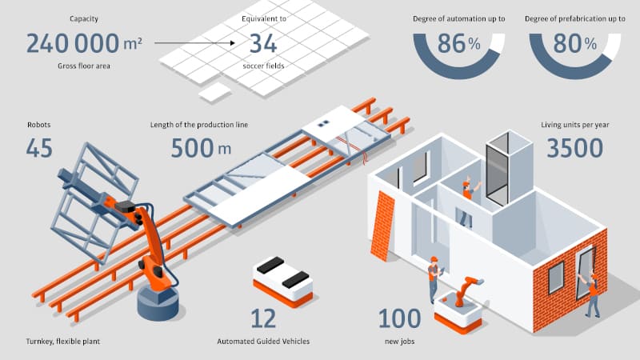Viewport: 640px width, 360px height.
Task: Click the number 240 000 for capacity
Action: pos(73,44)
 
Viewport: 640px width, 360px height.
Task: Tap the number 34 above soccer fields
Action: pos(263,44)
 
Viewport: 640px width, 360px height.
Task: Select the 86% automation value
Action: pos(458,43)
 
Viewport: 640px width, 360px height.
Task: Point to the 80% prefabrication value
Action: pos(574,43)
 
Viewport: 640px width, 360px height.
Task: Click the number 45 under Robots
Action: pos(39,148)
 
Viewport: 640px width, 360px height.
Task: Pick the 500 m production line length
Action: pos(201,148)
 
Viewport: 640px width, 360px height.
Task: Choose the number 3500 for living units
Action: pos(574,148)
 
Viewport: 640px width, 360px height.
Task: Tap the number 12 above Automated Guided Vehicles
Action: pos(263,318)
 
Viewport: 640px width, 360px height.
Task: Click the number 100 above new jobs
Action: pos(399,318)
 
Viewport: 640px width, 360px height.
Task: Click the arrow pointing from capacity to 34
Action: pos(194,43)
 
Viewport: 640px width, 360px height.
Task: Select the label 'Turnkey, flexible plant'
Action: pos(63,342)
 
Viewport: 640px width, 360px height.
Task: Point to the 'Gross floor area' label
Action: pos(84,66)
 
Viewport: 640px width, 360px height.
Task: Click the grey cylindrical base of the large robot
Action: pos(158,303)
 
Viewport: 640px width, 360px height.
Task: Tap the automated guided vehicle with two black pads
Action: pos(283,282)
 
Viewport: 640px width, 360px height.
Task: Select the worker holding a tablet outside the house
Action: pos(434,279)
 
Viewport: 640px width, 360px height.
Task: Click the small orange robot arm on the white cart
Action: pos(466,290)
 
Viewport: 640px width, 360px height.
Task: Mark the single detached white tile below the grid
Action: pos(214,92)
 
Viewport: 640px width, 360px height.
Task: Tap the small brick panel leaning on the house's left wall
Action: pos(382,226)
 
